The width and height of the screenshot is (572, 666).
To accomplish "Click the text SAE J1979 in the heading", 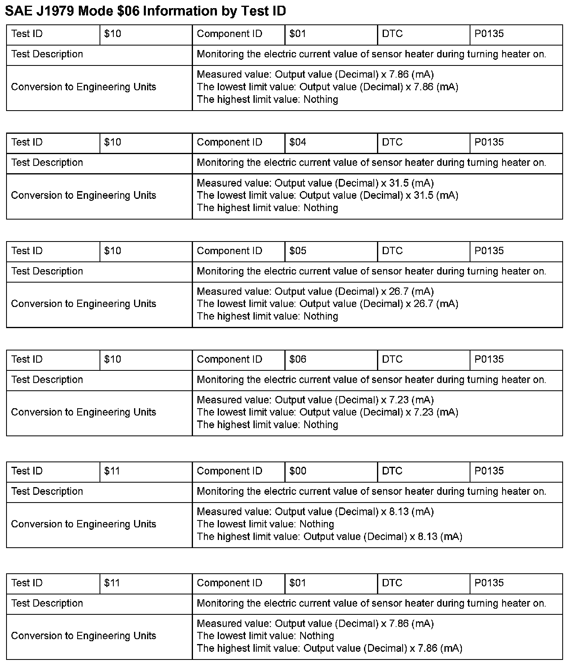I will pos(39,11).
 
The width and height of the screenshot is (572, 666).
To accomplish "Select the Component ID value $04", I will pos(298,142).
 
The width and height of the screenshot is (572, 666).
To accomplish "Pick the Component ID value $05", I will pos(298,251).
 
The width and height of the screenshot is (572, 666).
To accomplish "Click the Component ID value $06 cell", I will pos(298,359).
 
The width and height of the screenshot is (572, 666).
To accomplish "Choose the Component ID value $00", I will pos(298,471).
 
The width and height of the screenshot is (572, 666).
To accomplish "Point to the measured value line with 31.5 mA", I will pos(315,183).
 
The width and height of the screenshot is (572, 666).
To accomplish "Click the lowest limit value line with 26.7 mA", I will pos(327,304).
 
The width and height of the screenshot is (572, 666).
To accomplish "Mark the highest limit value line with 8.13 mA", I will pos(329,537).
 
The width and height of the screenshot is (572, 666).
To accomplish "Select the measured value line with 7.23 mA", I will pos(315,400).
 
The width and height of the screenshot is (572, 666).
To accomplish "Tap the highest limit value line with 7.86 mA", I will pos(329,649).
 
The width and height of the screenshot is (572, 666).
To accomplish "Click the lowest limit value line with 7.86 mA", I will pos(327,87).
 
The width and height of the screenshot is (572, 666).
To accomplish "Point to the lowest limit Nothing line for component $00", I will pos(265,524).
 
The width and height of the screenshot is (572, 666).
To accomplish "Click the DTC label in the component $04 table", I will pos(392,142).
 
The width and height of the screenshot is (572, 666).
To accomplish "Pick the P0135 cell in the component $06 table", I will pos(489,359).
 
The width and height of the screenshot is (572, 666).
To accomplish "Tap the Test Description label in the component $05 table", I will pos(47,271).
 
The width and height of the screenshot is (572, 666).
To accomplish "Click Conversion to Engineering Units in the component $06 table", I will pos(84,412).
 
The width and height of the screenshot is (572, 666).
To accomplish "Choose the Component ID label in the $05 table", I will pos(230,251).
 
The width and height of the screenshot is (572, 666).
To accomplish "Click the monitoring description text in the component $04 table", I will pos(371,163).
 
